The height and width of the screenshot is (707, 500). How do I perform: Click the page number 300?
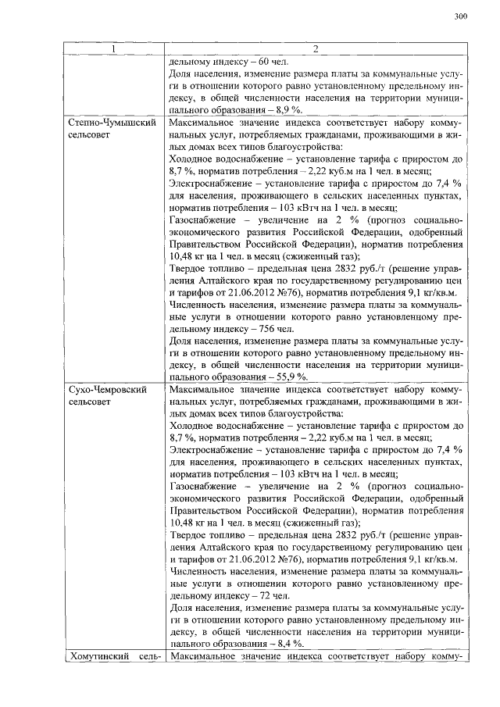click(x=459, y=17)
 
